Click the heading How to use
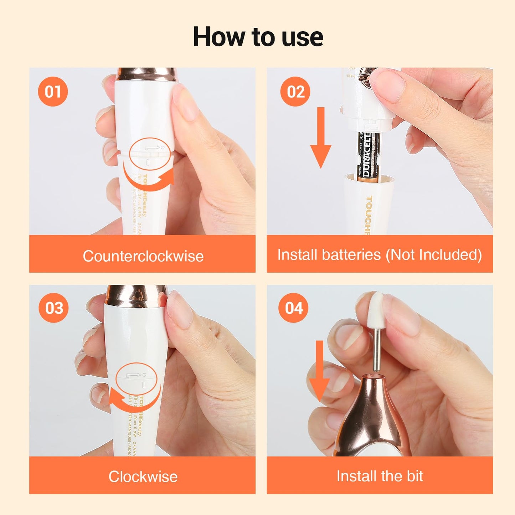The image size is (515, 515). [258, 37]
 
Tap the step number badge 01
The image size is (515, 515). [53, 92]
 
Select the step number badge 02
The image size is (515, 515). [295, 92]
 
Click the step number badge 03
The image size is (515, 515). [53, 308]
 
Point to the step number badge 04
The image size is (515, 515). [294, 308]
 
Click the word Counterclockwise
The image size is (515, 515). [143, 256]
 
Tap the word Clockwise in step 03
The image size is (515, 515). [143, 477]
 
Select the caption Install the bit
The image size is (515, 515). [380, 476]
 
